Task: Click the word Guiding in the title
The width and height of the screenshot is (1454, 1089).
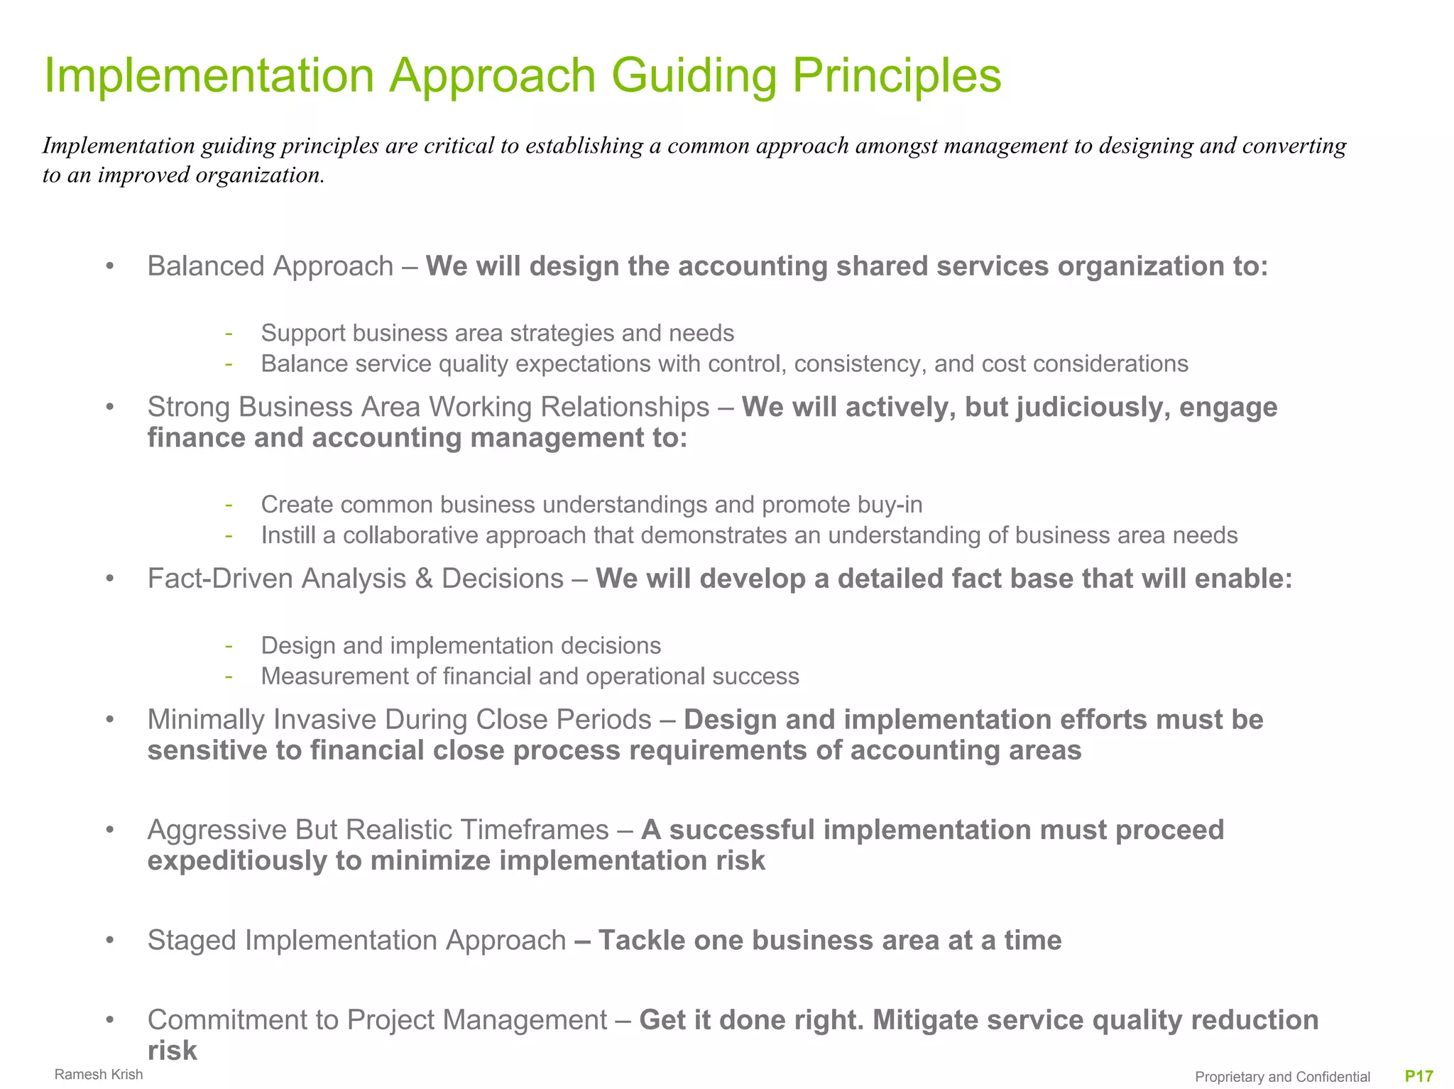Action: coord(694,76)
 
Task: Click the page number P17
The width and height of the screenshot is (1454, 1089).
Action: coord(1419,1076)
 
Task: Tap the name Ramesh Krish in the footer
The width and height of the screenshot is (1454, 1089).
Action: coord(99,1074)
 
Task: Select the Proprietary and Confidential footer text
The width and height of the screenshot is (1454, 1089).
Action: coord(1282,1077)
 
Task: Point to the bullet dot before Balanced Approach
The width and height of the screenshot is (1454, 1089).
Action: coord(109,267)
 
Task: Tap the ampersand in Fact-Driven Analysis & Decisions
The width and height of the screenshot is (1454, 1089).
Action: coord(424,579)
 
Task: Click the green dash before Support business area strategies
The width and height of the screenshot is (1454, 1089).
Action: coord(229,334)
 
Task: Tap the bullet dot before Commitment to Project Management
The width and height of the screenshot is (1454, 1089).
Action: coord(109,1021)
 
